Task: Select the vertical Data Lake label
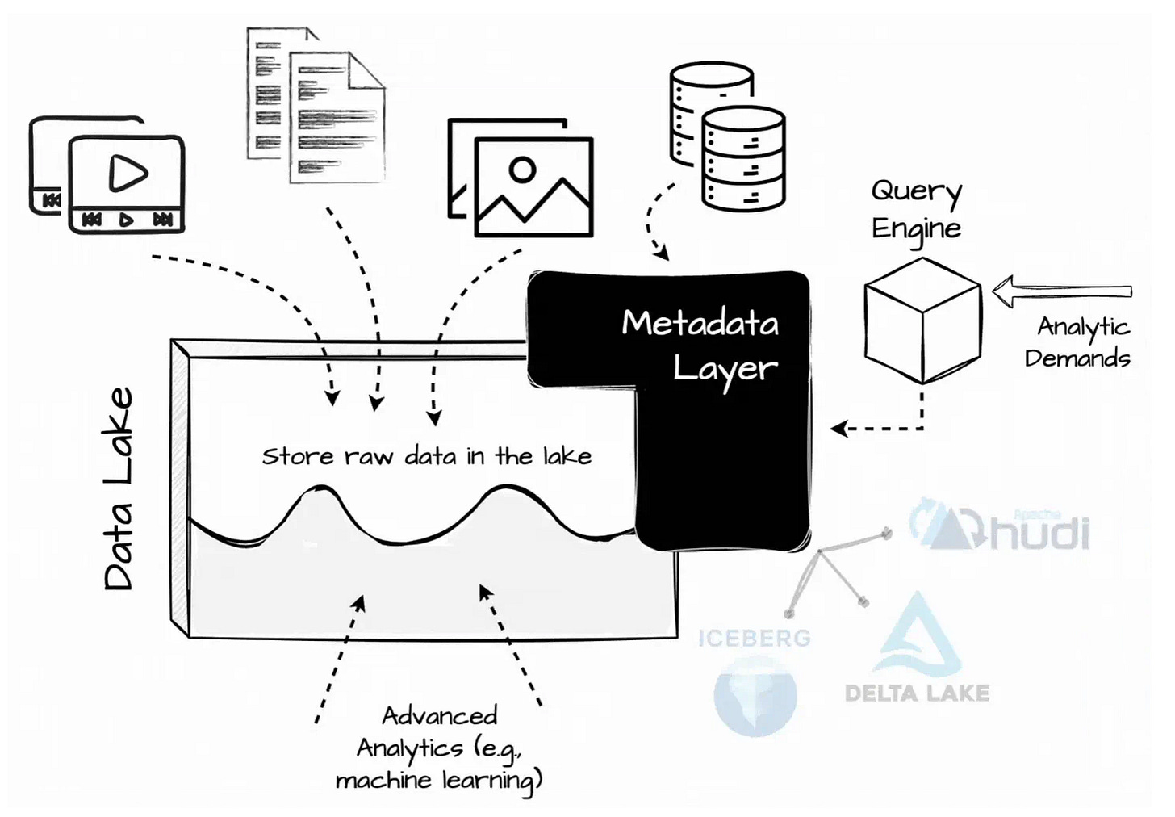119,489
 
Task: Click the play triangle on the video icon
128,172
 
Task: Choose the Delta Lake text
917,693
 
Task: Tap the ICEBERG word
755,638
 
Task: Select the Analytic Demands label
1079,342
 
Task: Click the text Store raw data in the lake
427,456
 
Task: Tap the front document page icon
337,117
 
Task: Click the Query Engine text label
917,209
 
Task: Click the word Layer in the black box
725,369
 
